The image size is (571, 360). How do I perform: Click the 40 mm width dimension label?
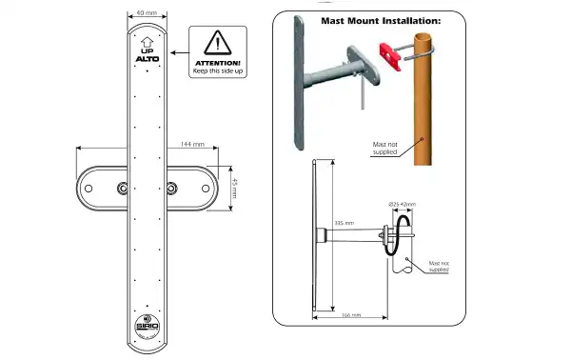(147, 13)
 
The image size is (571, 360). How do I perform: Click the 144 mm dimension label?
(191, 144)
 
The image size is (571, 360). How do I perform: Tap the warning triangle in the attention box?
(218, 43)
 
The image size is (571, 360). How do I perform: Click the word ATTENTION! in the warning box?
(218, 63)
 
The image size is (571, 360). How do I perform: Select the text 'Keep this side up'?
(218, 72)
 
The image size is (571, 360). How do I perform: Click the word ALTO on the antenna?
(147, 60)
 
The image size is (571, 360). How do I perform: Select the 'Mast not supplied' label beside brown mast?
(386, 148)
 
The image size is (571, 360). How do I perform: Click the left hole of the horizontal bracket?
(89, 188)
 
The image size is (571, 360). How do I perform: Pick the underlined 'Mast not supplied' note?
(438, 266)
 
